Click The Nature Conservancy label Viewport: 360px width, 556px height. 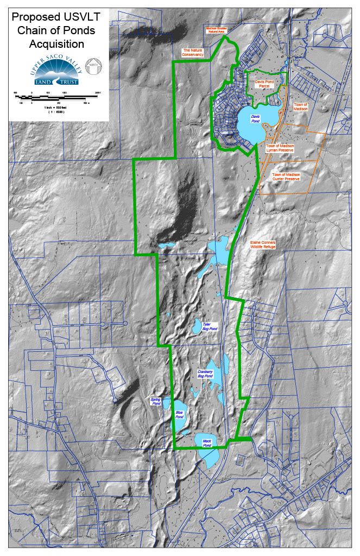pyautogui.click(x=193, y=53)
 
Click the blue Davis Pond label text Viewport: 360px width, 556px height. pyautogui.click(x=255, y=119)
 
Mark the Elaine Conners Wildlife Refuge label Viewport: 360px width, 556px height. pyautogui.click(x=263, y=244)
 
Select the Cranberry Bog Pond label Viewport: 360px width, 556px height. pyautogui.click(x=205, y=374)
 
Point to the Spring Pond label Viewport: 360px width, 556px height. pyautogui.click(x=156, y=402)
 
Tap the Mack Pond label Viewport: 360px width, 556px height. pyautogui.click(x=206, y=444)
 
